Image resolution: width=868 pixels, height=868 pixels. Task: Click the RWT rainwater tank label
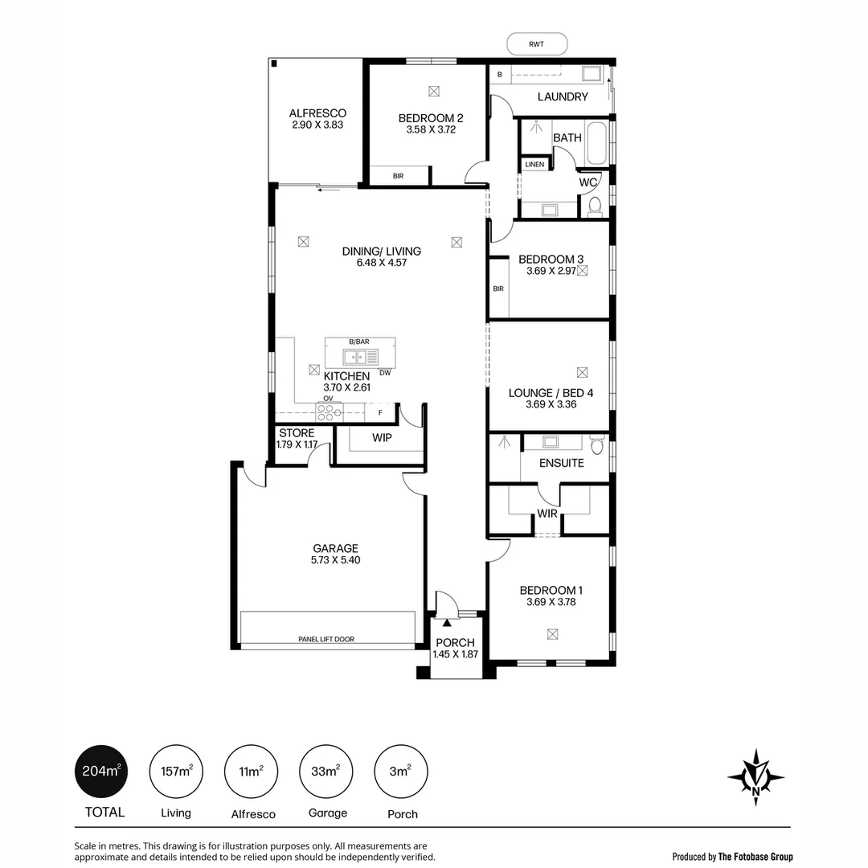[537, 44]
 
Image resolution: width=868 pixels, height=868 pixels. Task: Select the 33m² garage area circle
[325, 772]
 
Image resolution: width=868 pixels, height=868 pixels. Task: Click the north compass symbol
[755, 777]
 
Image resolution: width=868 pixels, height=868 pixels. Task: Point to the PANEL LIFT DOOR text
[325, 640]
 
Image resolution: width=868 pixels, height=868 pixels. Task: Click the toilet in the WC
[595, 207]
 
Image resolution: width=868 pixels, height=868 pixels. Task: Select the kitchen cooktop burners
[329, 411]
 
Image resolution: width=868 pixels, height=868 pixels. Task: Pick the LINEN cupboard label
[534, 165]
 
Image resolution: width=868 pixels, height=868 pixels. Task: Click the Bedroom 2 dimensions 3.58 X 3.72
[431, 129]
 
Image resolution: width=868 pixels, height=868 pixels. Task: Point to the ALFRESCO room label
[318, 113]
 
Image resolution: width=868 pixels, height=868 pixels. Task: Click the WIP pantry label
[382, 438]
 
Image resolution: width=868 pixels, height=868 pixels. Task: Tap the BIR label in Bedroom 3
[498, 289]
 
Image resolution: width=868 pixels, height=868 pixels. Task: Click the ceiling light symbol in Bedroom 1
[552, 634]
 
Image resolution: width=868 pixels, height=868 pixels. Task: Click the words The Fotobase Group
[755, 857]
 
